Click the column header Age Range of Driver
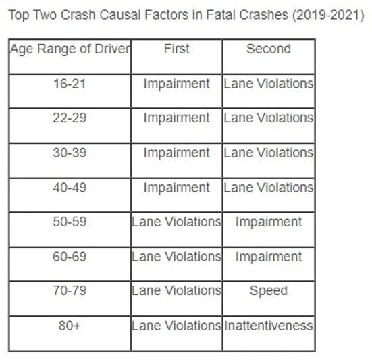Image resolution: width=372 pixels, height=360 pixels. pos(70,49)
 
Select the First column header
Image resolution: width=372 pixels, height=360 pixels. pos(176,49)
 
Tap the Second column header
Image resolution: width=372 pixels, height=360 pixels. pos(269,49)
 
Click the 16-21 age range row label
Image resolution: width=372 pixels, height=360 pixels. pos(70,84)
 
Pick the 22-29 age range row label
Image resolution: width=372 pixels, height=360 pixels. pos(70,118)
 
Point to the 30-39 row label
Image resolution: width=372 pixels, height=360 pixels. pos(70,153)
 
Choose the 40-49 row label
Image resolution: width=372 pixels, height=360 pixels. pos(70,188)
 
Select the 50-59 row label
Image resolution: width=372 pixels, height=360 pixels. pos(70,222)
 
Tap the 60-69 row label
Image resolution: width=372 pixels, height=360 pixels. pos(70,257)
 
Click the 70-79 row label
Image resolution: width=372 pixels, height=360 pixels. pos(70,290)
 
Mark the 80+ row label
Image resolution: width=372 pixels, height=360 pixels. pos(70,326)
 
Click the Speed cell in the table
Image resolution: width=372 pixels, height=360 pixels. pos(269,291)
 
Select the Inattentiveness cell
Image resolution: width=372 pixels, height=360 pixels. pos(269,326)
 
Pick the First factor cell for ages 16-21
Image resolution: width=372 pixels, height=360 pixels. pos(176,84)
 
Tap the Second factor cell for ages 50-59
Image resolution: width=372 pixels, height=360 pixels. pos(269,222)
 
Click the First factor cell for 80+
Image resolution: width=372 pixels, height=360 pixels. pos(176,326)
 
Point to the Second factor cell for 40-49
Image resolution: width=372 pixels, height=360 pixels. pos(269,188)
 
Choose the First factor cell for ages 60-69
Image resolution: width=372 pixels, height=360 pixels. pos(176,257)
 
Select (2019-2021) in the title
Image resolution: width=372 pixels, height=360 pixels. pos(328,16)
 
